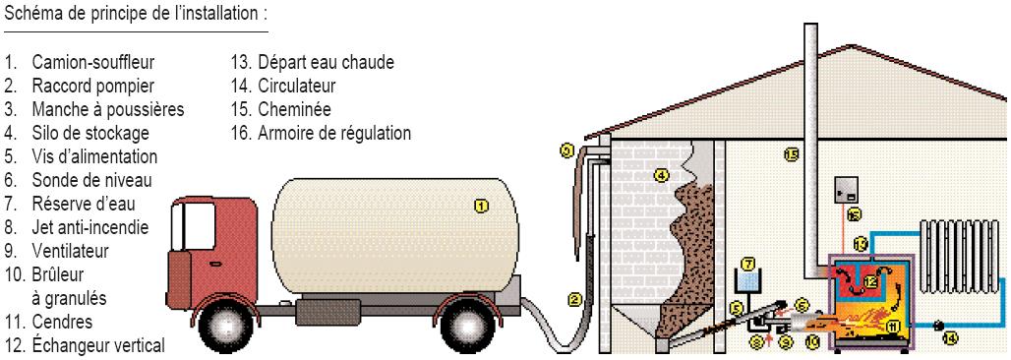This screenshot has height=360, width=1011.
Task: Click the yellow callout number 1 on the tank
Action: (x=481, y=206)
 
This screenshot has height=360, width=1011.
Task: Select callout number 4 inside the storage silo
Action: (x=662, y=176)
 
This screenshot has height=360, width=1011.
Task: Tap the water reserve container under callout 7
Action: (x=748, y=283)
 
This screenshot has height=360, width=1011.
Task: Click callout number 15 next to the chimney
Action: (x=791, y=154)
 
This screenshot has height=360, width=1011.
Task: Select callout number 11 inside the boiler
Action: (x=893, y=326)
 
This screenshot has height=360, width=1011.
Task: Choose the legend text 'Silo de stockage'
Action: (x=89, y=131)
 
